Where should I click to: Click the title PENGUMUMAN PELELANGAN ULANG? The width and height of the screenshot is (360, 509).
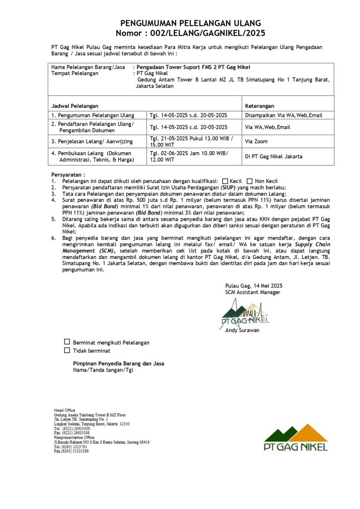click(190, 23)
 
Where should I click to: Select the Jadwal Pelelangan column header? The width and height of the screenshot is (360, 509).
click(75, 106)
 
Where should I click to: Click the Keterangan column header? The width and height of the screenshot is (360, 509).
click(260, 106)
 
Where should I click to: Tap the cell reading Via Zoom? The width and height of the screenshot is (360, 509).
click(257, 142)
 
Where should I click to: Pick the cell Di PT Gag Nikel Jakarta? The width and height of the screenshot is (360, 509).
click(273, 157)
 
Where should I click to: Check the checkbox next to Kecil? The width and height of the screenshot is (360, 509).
click(225, 181)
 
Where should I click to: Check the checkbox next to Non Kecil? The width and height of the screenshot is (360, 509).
click(250, 181)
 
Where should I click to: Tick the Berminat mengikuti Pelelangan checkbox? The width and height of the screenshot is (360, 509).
click(67, 342)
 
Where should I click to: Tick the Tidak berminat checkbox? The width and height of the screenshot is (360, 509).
click(67, 350)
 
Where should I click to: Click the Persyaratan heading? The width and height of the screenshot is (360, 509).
click(68, 175)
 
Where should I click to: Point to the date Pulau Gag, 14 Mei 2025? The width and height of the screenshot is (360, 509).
click(254, 285)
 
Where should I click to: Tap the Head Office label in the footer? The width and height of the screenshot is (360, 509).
click(65, 410)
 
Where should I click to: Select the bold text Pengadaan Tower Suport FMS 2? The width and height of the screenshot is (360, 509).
click(174, 67)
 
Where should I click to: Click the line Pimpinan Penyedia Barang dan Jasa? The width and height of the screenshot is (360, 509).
click(118, 363)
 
